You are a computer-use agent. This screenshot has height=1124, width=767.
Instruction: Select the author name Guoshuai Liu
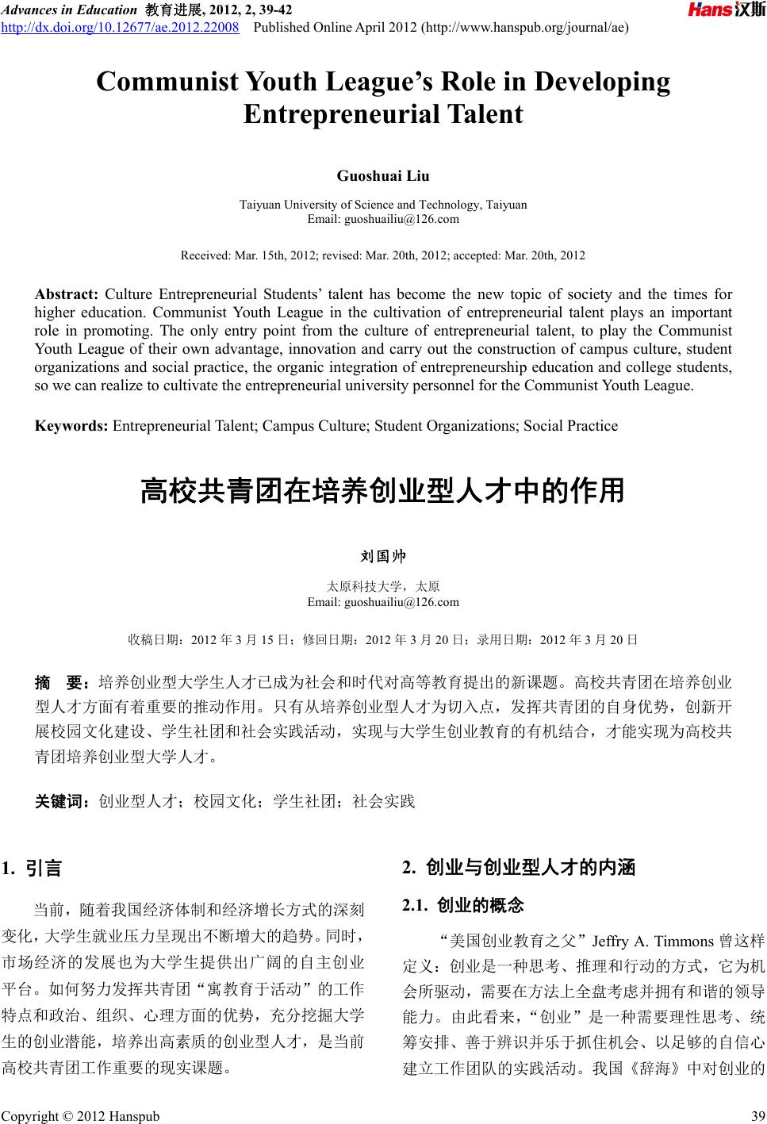pyautogui.click(x=383, y=175)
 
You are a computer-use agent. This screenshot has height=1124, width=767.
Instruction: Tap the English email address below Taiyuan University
pyautogui.click(x=383, y=218)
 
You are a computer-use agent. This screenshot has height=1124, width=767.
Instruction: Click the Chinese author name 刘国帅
pyautogui.click(x=383, y=557)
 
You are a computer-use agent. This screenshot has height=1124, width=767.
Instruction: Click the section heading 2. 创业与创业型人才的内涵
pyautogui.click(x=519, y=867)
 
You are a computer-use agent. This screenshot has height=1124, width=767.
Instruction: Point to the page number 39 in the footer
pyautogui.click(x=757, y=1116)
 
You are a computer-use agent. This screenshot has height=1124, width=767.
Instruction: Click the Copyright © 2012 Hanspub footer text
pyautogui.click(x=80, y=1116)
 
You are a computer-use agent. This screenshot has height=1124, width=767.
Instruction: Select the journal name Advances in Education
pyautogui.click(x=68, y=10)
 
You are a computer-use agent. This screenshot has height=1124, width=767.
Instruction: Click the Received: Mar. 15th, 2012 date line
pyautogui.click(x=383, y=255)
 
